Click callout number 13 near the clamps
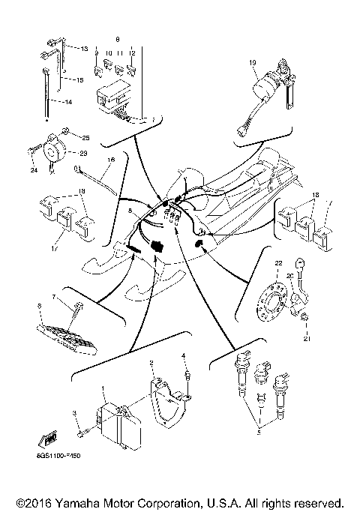(x=85, y=48)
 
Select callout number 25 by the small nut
(x=85, y=138)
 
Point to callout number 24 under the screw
(x=34, y=170)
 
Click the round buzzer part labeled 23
(x=55, y=149)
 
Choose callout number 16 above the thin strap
(x=110, y=160)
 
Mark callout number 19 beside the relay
(x=253, y=61)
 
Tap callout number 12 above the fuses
(x=132, y=53)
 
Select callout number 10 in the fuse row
(x=108, y=53)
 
